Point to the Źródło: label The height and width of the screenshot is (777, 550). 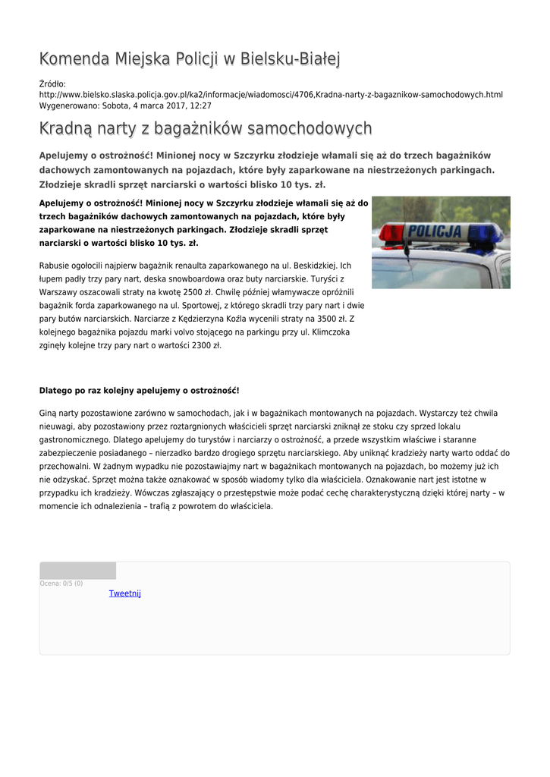(x=52, y=83)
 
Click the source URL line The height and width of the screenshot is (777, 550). (x=271, y=95)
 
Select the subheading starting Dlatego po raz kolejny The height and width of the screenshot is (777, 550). (x=139, y=391)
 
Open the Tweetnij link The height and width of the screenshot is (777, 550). (x=125, y=593)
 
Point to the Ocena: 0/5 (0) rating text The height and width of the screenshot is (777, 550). (x=61, y=584)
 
